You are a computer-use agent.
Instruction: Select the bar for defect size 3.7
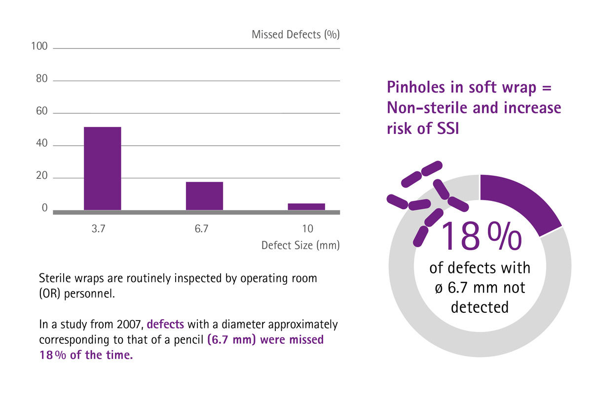click(102, 168)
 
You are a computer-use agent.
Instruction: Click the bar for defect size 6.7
click(204, 196)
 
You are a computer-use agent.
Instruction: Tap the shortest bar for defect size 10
click(306, 206)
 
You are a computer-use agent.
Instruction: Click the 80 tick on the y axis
click(41, 79)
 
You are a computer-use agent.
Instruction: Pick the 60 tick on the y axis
click(41, 112)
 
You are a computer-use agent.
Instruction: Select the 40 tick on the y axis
click(41, 144)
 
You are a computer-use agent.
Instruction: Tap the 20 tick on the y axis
click(41, 177)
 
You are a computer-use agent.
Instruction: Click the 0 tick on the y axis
click(44, 208)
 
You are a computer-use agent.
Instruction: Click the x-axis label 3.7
click(99, 229)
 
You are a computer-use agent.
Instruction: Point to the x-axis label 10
click(307, 229)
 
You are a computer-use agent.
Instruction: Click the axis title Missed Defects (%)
click(296, 35)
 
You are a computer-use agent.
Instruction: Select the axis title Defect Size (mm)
click(300, 245)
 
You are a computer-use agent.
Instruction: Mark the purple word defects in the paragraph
click(165, 325)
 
